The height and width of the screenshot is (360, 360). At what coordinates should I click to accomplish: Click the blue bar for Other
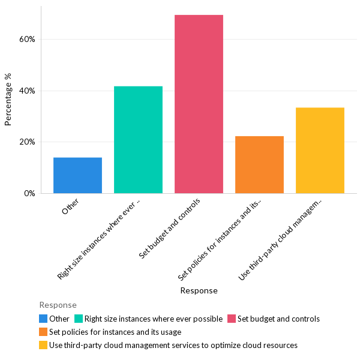77,175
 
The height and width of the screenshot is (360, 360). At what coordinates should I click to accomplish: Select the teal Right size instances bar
138,140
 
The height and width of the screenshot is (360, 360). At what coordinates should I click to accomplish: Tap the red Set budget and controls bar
199,104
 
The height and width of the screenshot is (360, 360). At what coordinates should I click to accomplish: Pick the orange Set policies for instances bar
259,165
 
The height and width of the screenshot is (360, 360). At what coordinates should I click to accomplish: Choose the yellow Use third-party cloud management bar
320,151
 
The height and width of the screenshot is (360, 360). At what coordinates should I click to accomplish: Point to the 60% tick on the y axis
27,40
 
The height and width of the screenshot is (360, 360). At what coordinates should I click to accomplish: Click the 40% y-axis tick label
27,91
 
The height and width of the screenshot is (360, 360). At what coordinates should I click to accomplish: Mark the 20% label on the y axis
27,142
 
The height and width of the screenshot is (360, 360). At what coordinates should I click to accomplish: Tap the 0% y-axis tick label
29,194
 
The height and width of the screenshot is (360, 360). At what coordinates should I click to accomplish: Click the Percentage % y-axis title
8,100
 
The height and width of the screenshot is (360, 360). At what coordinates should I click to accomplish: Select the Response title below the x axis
199,290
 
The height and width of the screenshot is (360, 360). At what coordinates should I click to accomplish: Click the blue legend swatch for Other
43,319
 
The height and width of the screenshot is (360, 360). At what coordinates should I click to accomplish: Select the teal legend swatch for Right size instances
78,319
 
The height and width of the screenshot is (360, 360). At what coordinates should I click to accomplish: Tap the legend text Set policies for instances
115,332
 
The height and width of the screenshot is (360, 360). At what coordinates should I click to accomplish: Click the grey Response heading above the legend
58,305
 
